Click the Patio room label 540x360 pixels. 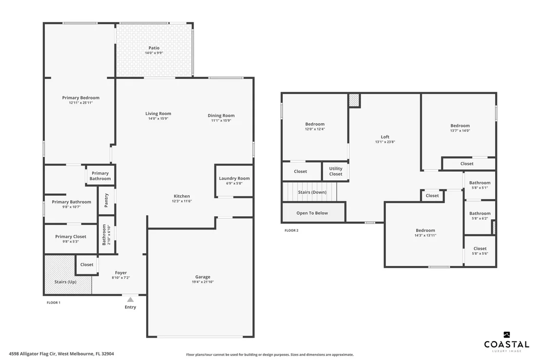coord(154,48)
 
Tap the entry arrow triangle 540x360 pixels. coord(130,300)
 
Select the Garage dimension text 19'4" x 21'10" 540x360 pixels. coord(203,282)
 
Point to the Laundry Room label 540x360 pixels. coord(234,178)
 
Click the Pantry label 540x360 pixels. coord(106,200)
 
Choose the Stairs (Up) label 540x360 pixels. coord(65,282)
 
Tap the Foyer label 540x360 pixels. coord(121,273)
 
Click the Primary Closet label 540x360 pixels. coord(71,236)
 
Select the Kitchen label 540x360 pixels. coord(181,196)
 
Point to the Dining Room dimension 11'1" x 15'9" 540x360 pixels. coord(221,120)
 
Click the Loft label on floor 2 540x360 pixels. coord(385,137)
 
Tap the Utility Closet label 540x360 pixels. coord(336,171)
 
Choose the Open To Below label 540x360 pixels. coord(312,213)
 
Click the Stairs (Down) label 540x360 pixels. coord(312,192)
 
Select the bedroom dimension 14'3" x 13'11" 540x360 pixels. coord(425,235)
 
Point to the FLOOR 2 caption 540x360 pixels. coord(291,230)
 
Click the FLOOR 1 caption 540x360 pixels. coord(54,303)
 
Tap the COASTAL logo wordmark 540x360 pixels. coord(506,344)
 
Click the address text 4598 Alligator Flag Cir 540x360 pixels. coord(32,354)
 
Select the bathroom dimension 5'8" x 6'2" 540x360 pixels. coord(480,219)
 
